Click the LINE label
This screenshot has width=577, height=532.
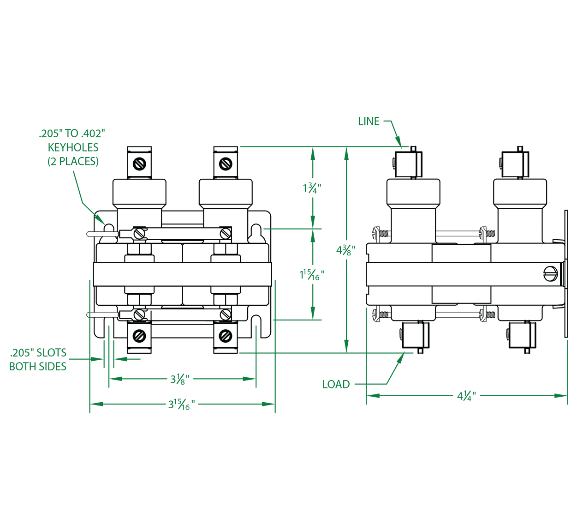(x=369, y=121)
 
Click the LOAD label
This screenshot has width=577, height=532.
(x=336, y=384)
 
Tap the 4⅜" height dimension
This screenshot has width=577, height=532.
(x=345, y=250)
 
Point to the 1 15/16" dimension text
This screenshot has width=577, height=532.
(x=312, y=275)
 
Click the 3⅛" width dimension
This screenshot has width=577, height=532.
(x=179, y=379)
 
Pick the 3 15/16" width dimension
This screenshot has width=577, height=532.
(x=181, y=405)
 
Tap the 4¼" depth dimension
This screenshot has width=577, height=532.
(x=466, y=396)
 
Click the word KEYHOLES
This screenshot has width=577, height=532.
(x=73, y=147)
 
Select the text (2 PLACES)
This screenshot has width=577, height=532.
(x=73, y=161)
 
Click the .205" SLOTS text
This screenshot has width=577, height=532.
(x=38, y=353)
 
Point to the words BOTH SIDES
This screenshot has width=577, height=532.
(x=38, y=367)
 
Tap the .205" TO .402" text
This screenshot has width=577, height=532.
(x=72, y=134)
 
